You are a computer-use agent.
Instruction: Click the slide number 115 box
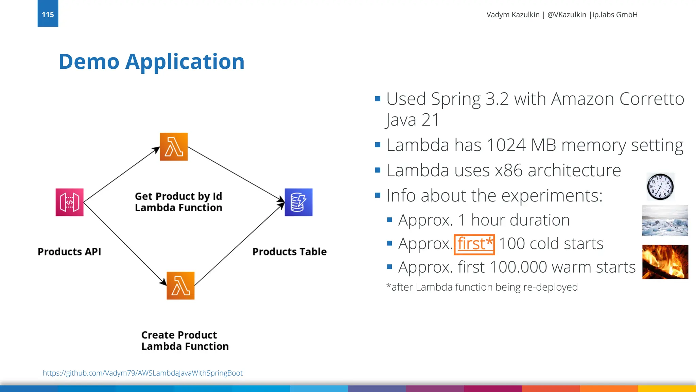point(48,14)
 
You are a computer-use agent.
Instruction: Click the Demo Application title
point(152,62)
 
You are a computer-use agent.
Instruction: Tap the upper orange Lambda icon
point(174,147)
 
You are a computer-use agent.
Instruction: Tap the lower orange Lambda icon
point(180,285)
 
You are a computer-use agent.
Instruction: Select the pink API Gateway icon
point(69,202)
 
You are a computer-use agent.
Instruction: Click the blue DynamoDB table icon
point(298,202)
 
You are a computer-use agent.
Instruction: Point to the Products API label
point(69,251)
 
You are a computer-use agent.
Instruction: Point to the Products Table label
point(289,251)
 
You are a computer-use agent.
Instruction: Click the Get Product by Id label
point(178,196)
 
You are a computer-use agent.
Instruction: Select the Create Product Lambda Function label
point(185,340)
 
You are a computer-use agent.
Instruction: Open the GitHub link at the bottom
point(142,373)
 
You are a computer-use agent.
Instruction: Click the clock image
point(660,186)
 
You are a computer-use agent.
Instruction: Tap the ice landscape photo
point(665,220)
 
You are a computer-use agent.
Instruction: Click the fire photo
point(665,262)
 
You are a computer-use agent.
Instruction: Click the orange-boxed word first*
point(474,244)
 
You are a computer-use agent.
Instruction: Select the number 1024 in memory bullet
point(506,145)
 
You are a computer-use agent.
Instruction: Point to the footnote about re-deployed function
point(482,287)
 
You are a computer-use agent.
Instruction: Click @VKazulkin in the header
point(567,15)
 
